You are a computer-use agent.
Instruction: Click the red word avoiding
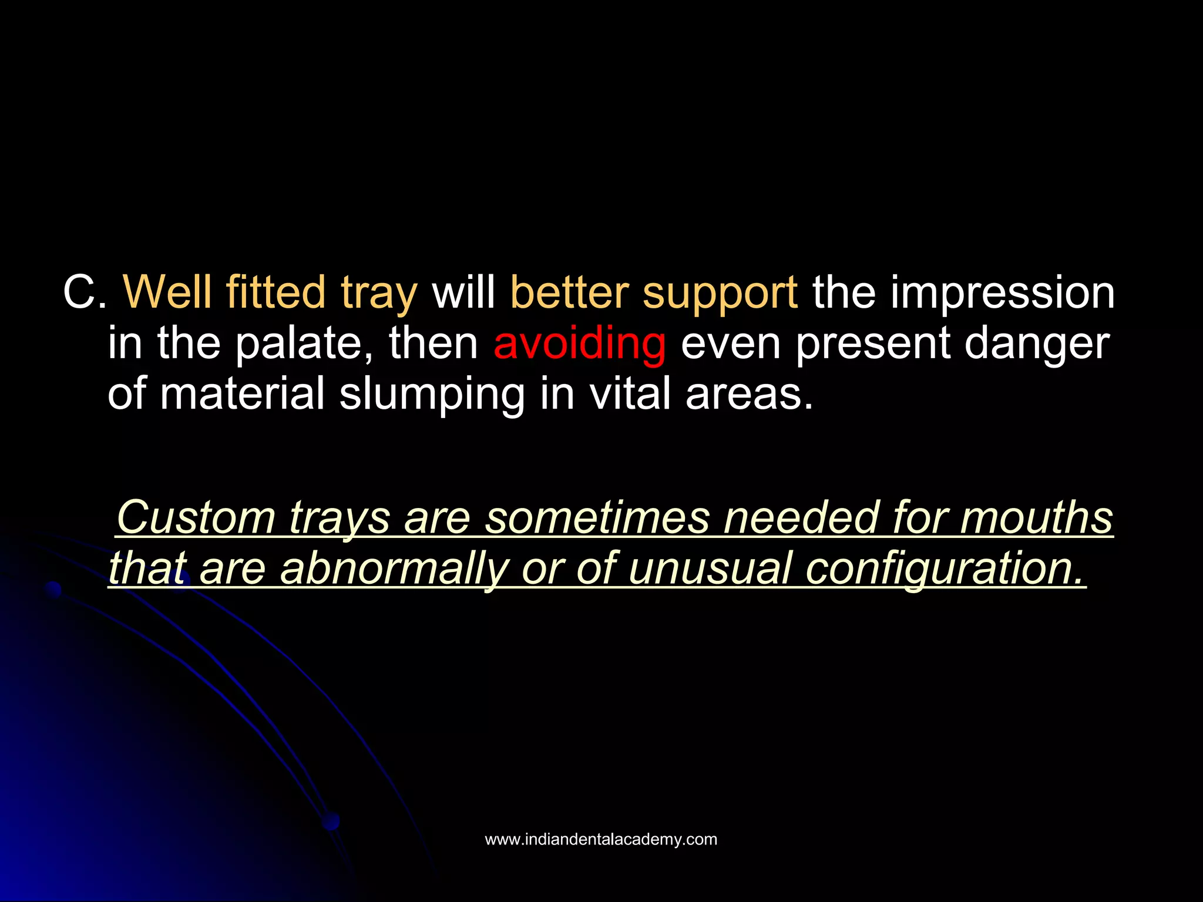tap(579, 344)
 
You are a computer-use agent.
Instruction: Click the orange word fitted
tap(275, 292)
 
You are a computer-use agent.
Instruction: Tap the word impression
tap(1002, 293)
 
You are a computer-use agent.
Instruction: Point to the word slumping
tap(432, 395)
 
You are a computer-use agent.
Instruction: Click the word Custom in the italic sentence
tap(196, 517)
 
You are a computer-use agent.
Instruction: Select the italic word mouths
tap(1036, 517)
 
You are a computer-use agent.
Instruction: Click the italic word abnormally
tap(393, 569)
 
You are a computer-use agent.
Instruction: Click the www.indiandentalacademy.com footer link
tap(601, 840)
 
